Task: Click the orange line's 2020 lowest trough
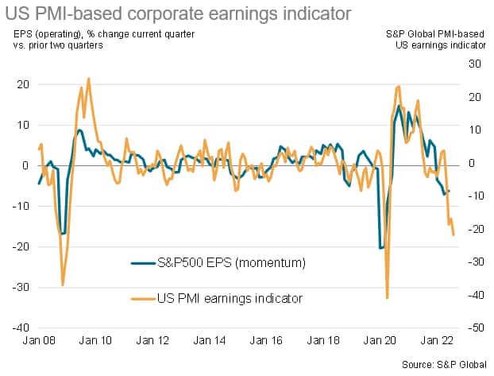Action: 387,298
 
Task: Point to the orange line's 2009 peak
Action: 88,79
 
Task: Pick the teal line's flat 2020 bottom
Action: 382,247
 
